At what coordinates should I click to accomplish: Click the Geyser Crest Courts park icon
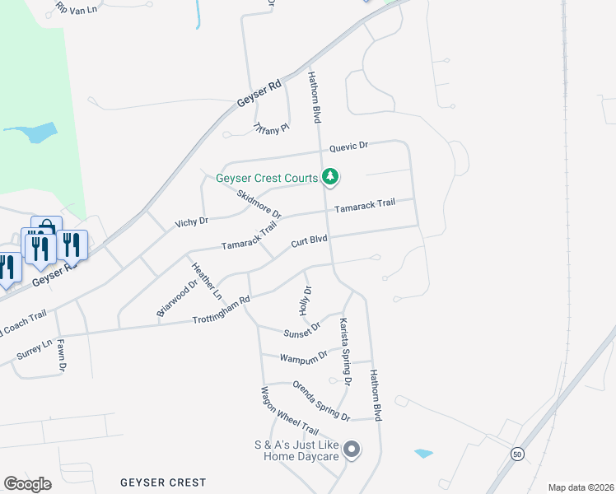click(330, 177)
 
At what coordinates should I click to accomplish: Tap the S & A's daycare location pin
click(352, 450)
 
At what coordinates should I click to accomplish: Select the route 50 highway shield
click(517, 454)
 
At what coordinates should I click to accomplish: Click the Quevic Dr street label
click(348, 147)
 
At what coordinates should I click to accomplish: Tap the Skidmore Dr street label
click(259, 204)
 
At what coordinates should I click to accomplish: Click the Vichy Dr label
click(191, 222)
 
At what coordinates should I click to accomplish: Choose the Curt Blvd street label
click(309, 241)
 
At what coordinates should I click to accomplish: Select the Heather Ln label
click(207, 280)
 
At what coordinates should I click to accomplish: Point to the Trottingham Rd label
click(221, 310)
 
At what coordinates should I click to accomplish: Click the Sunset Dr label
click(301, 332)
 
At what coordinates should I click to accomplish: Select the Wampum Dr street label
click(304, 357)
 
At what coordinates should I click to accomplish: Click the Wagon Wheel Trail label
click(289, 411)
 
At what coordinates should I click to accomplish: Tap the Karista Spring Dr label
click(345, 352)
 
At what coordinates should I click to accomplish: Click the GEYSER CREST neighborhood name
click(162, 482)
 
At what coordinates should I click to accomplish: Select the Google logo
click(27, 483)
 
